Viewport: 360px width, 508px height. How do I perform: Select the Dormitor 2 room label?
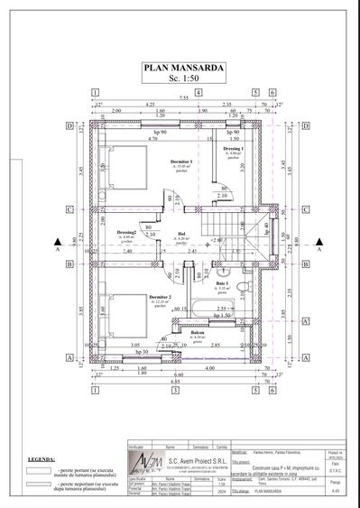[160, 297]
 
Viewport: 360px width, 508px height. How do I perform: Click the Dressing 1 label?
[234, 147]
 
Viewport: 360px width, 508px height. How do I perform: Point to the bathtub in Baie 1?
[216, 312]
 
